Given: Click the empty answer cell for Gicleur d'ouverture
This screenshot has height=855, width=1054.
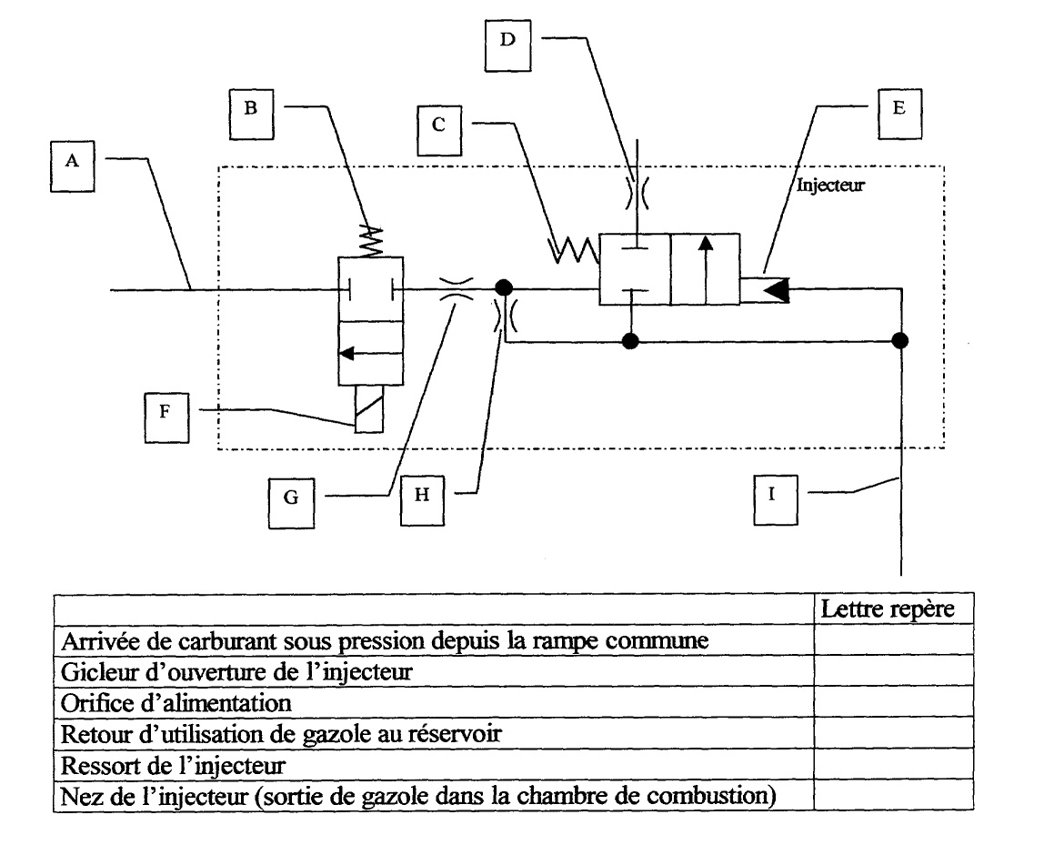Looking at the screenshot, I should click(892, 673).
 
